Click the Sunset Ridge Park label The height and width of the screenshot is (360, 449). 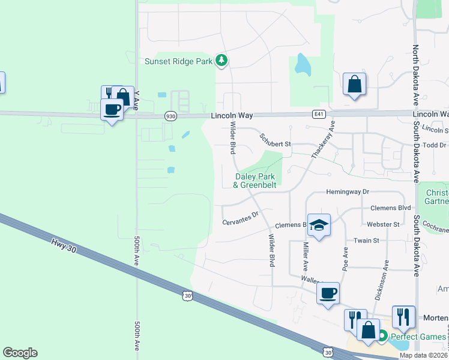[179, 61]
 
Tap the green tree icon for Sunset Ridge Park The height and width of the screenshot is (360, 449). [222, 60]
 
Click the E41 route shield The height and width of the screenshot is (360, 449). [319, 113]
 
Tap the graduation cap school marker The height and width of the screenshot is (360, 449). [319, 224]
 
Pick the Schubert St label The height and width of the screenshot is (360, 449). [276, 144]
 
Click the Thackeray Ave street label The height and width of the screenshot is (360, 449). [323, 139]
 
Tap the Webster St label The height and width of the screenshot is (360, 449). [384, 224]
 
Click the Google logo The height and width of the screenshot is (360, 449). [20, 353]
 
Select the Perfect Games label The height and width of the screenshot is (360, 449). [418, 337]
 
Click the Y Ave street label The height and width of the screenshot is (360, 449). [136, 100]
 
